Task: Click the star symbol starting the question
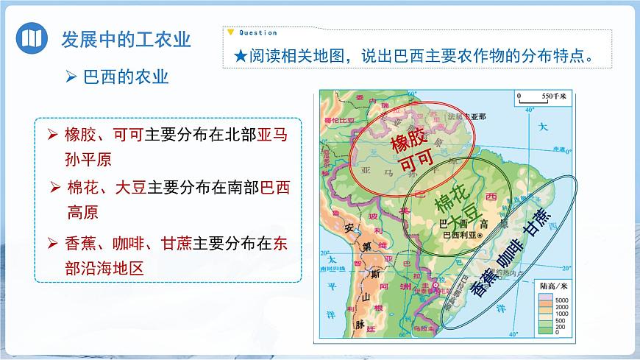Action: point(239,57)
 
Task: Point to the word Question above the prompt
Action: point(257,32)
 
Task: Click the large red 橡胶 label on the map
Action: point(408,135)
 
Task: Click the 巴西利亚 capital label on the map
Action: point(458,235)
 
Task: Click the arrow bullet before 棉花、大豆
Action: point(54,188)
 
